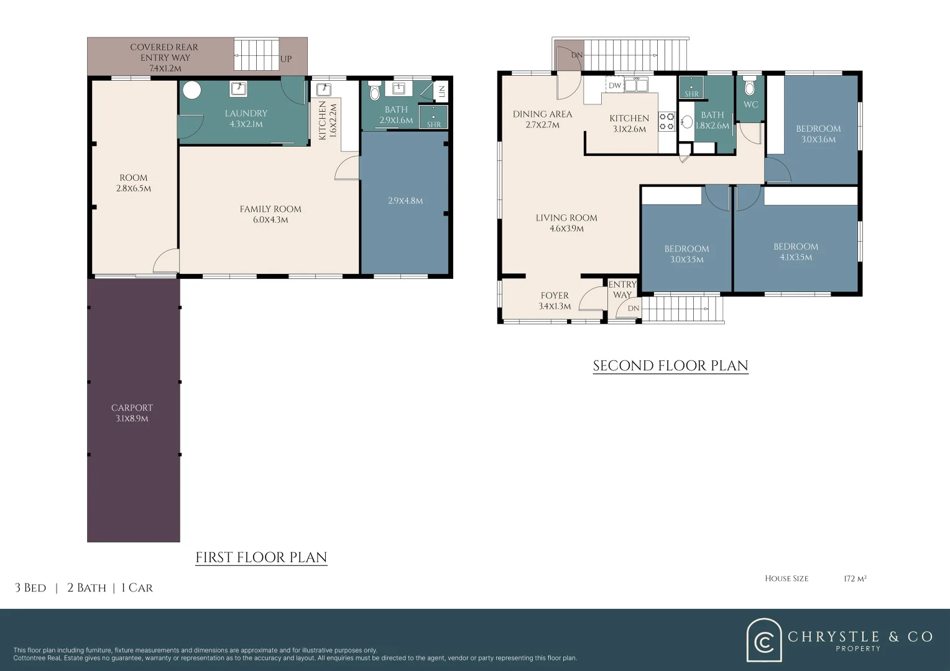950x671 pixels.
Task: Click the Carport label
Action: click(x=132, y=408)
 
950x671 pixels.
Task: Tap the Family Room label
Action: click(x=270, y=209)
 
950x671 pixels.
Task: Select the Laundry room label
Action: click(x=246, y=113)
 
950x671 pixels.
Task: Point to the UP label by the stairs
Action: click(x=286, y=59)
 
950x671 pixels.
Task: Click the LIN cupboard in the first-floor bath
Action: click(x=441, y=91)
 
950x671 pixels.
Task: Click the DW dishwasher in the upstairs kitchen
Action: click(x=614, y=85)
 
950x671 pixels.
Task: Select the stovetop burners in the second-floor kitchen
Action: click(x=666, y=121)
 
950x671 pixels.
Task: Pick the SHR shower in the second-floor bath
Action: click(x=691, y=88)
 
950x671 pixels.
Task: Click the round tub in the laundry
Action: click(x=191, y=90)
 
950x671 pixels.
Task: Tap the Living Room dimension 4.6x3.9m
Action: click(x=566, y=229)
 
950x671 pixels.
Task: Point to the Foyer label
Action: click(x=555, y=296)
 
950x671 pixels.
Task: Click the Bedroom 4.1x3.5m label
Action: click(x=796, y=247)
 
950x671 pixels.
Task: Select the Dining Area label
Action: click(x=542, y=114)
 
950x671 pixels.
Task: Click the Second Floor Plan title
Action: click(x=670, y=366)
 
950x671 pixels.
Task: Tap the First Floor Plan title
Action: click(x=261, y=557)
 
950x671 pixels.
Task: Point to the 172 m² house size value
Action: click(x=855, y=578)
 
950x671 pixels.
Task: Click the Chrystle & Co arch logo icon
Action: click(x=764, y=640)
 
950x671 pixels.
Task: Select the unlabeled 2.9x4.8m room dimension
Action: click(x=405, y=201)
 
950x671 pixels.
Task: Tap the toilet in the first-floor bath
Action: click(x=374, y=91)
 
